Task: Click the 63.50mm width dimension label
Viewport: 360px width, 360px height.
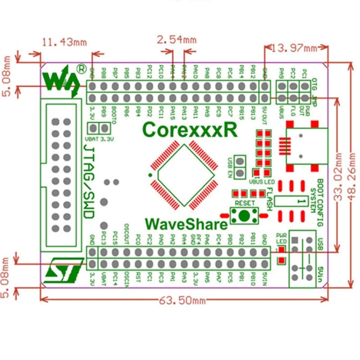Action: coord(182,300)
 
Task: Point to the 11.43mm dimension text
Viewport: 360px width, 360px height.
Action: coord(64,42)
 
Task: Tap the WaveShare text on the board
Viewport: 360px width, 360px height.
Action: coord(185,224)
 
